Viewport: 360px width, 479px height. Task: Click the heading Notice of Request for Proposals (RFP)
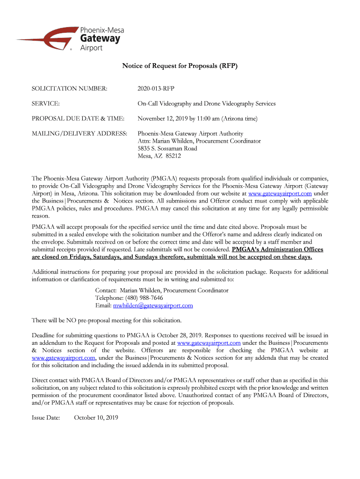(180, 66)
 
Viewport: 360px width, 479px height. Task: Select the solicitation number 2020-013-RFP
(156, 88)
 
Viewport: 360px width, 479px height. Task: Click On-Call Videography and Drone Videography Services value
(206, 103)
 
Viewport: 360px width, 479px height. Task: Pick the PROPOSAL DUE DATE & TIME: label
(77, 118)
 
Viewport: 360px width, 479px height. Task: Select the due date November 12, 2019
(163, 118)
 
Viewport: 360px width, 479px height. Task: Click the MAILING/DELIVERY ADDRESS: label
(79, 134)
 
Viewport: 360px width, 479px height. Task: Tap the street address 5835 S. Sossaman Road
(167, 148)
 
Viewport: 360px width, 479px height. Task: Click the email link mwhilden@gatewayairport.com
(153, 305)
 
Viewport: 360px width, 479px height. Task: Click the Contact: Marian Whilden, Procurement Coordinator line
(162, 290)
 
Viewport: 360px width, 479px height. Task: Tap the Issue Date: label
(45, 417)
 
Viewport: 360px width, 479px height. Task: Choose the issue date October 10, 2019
(96, 417)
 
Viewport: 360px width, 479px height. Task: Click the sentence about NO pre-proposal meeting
(106, 320)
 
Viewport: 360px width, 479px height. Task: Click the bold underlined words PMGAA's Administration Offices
(277, 249)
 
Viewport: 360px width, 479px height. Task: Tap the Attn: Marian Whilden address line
(199, 141)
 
